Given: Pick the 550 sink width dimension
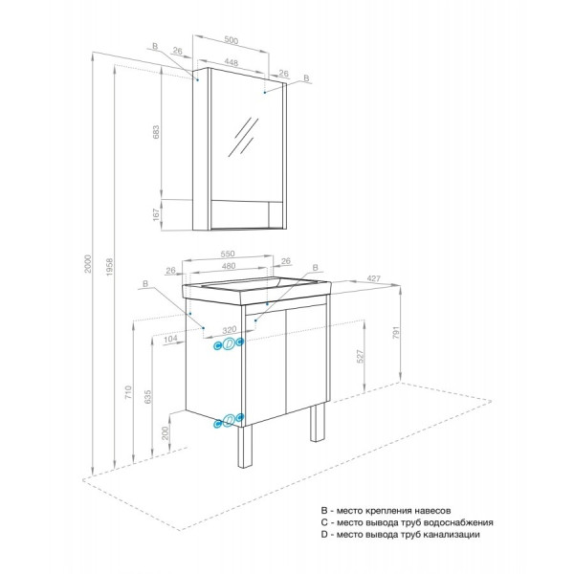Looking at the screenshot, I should [x=228, y=254].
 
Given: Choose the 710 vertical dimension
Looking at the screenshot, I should [x=130, y=392].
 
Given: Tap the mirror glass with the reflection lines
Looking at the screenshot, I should [x=246, y=139].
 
